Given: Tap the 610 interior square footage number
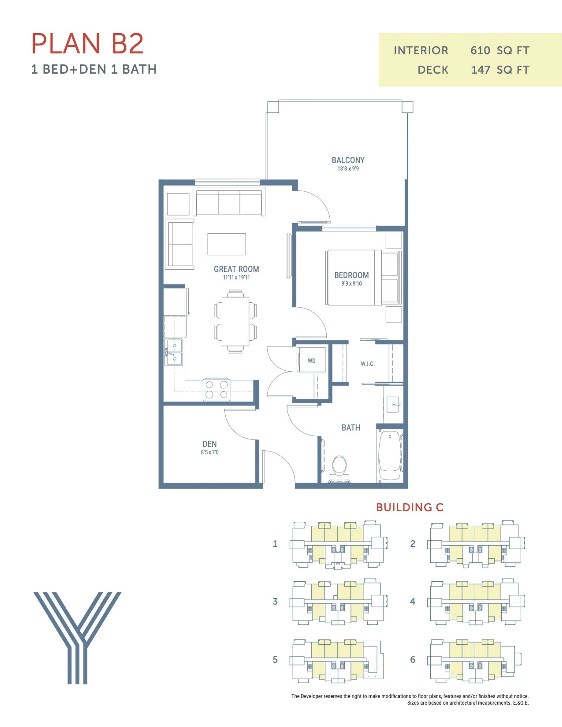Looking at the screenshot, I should pos(480,51).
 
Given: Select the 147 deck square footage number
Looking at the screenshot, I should pos(480,70).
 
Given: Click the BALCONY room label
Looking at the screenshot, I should pos(348,160).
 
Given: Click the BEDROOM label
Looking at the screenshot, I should pos(351,275).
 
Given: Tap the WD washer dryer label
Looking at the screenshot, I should pos(311,361).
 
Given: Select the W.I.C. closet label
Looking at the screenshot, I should pos(367,364).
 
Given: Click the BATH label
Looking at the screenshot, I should pos(351,428).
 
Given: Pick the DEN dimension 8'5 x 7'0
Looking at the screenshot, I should pos(209,452).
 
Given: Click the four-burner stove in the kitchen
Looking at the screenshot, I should pos(216,389).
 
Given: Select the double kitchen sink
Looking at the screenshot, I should pos(173,352).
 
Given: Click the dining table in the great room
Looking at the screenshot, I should pos(235,321).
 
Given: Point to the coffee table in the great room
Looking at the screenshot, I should pos(226,244).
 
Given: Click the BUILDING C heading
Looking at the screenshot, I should pos(409,507).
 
